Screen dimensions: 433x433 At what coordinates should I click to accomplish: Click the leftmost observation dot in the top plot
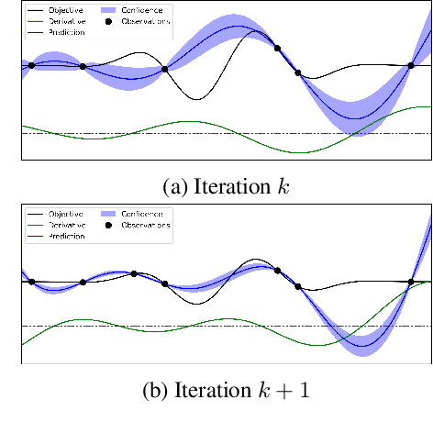click(31, 65)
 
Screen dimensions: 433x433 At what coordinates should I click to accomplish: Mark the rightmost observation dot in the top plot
click(411, 65)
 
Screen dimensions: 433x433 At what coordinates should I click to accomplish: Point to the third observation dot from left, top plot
click(165, 69)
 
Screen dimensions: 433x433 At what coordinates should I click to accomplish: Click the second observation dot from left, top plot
click(83, 66)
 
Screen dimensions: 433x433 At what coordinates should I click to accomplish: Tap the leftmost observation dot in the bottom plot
click(31, 281)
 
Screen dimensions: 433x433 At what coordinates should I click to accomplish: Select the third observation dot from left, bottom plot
click(134, 273)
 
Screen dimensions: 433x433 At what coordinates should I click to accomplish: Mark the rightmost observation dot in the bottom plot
click(411, 282)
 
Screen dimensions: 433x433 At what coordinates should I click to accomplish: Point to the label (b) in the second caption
click(154, 391)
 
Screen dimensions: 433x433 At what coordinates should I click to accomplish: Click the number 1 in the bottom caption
click(304, 391)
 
